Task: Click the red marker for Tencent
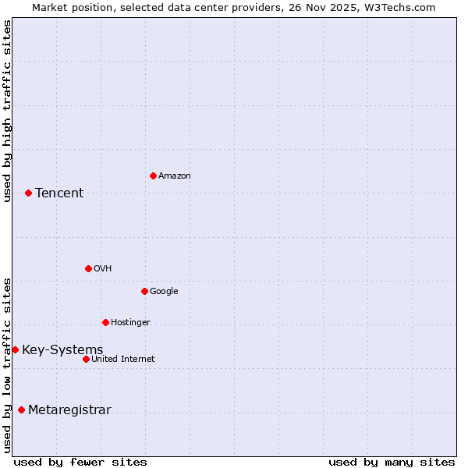[28, 193]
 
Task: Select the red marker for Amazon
[153, 175]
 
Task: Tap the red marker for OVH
[88, 268]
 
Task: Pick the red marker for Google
[144, 291]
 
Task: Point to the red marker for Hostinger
[105, 322]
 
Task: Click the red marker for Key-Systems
[15, 349]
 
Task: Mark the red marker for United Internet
[86, 359]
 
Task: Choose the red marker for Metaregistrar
[21, 409]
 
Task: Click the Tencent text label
[59, 193]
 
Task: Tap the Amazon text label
[175, 176]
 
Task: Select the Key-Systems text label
[62, 350]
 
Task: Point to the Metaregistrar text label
[69, 410]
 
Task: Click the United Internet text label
[123, 360]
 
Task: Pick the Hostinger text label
[130, 323]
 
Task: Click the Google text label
[164, 292]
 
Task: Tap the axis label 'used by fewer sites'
[80, 462]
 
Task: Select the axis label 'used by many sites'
[392, 462]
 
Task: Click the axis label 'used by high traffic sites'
[7, 111]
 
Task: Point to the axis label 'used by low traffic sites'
[7, 365]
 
